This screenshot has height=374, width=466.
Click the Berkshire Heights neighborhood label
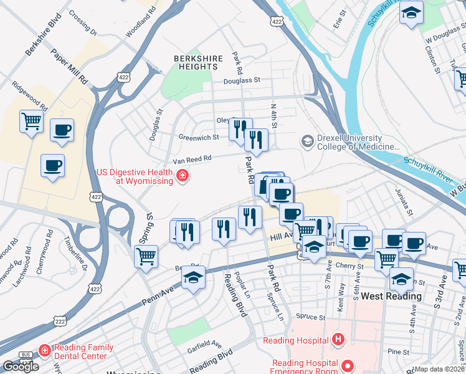[x=198, y=64]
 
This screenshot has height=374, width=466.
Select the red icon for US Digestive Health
[x=182, y=176]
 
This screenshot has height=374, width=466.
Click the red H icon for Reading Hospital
[x=338, y=340]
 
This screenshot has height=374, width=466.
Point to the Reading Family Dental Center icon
[x=44, y=351]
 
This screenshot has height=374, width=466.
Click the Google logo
[x=21, y=366]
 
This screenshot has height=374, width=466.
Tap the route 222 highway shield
[x=60, y=321]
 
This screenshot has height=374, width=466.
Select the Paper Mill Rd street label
[x=69, y=67]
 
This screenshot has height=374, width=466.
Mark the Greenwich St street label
[x=199, y=137]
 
